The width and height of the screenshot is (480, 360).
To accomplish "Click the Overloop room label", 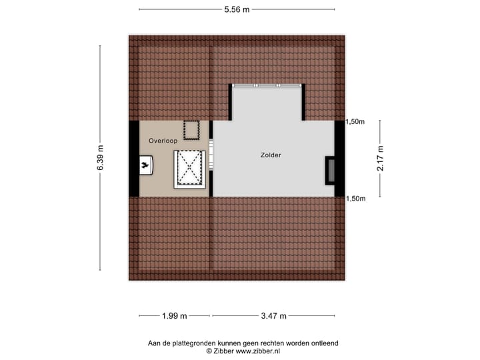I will click(163, 141).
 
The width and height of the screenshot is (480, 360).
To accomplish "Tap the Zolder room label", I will click(271, 155).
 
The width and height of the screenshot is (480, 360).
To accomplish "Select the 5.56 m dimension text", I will click(237, 9).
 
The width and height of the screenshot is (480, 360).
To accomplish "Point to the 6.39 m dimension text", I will click(101, 158).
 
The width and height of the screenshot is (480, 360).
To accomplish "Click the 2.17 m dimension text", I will click(380, 159).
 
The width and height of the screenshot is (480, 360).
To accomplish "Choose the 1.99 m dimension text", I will click(175, 315).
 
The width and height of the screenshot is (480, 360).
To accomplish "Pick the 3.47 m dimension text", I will click(273, 315).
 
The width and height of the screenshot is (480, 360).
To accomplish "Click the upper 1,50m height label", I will click(355, 121).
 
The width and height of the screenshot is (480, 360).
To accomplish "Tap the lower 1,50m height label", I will click(355, 198).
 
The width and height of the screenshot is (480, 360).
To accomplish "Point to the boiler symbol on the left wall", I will click(146, 164).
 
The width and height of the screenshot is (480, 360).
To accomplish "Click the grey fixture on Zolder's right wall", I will click(330, 170).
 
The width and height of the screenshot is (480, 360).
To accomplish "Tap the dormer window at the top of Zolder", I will click(267, 85).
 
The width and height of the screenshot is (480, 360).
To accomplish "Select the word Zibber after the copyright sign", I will click(224, 351).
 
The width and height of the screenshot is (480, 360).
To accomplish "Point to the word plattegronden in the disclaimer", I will click(195, 343).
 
